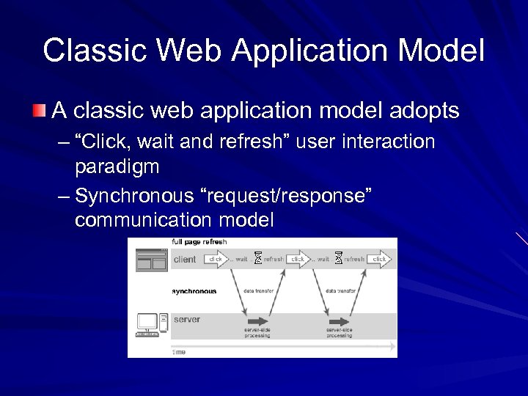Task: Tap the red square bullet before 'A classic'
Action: click(37, 111)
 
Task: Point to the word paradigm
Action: click(117, 166)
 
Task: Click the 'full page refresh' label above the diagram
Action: click(199, 242)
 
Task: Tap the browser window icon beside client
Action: click(152, 260)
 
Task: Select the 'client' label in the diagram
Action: click(185, 260)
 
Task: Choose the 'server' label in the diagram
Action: click(186, 320)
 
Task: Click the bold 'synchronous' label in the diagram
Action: click(194, 291)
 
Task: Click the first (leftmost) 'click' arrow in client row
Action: click(216, 259)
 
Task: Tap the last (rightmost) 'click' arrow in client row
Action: click(379, 259)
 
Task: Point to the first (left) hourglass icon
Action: click(257, 257)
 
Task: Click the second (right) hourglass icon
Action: click(338, 257)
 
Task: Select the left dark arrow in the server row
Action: click(258, 321)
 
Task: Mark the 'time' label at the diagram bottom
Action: click(179, 352)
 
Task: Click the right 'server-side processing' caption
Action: click(340, 333)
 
